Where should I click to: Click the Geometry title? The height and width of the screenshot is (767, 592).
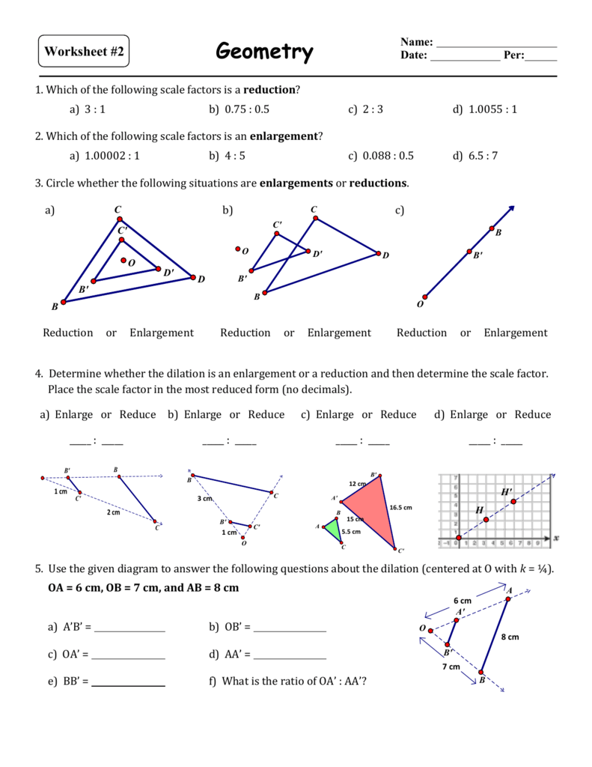(264, 52)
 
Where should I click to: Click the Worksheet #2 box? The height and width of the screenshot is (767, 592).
(84, 52)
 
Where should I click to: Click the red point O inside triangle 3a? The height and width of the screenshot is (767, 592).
(123, 261)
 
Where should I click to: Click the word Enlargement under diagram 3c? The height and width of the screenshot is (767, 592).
(515, 333)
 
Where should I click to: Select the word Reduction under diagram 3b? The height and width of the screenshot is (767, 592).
(245, 333)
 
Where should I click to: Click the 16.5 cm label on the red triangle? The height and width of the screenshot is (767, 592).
(400, 507)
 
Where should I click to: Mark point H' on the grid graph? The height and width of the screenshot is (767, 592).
(513, 501)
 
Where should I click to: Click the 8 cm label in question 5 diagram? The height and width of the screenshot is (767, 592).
(510, 637)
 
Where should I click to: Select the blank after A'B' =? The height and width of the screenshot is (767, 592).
(129, 628)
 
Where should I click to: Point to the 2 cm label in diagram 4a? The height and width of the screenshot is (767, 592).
(112, 513)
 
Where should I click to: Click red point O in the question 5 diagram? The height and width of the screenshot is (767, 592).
(433, 628)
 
